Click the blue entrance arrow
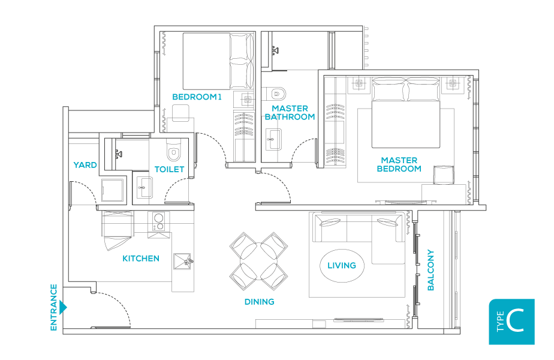[63, 307]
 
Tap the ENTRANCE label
[54, 307]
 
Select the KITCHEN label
[141, 259]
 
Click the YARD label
[85, 165]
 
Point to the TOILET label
[169, 169]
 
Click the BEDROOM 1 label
[197, 97]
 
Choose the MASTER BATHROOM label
[290, 112]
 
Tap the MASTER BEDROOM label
[399, 164]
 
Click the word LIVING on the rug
[341, 265]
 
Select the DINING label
[260, 302]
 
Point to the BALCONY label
[430, 270]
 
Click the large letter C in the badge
[514, 320]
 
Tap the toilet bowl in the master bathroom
[278, 94]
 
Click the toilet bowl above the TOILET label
[173, 151]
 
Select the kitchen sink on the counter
[182, 262]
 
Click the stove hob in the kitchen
[159, 222]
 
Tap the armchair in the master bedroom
[444, 175]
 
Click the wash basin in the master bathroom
[273, 139]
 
